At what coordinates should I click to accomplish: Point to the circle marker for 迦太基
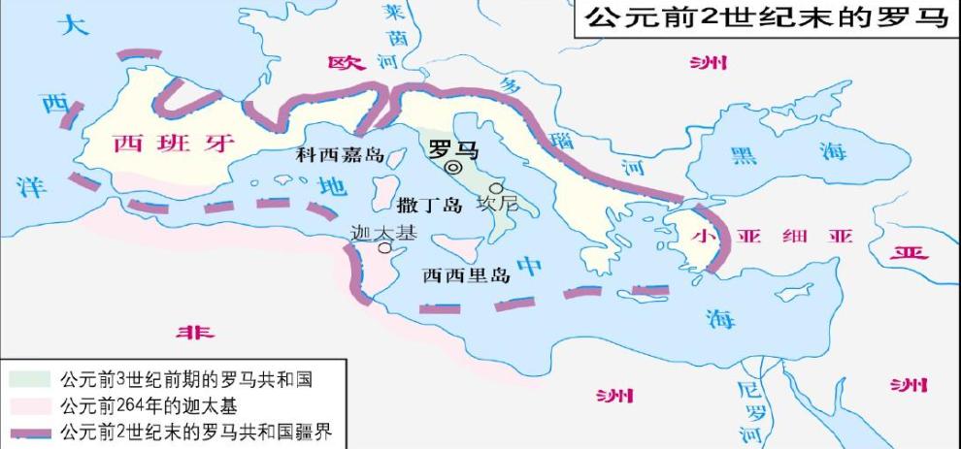tap(384, 248)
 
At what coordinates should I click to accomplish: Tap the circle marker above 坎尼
tap(497, 187)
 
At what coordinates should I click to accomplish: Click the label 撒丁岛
tap(427, 205)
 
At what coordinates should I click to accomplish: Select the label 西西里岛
tap(466, 274)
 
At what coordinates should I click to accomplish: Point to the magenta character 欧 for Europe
tap(346, 63)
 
